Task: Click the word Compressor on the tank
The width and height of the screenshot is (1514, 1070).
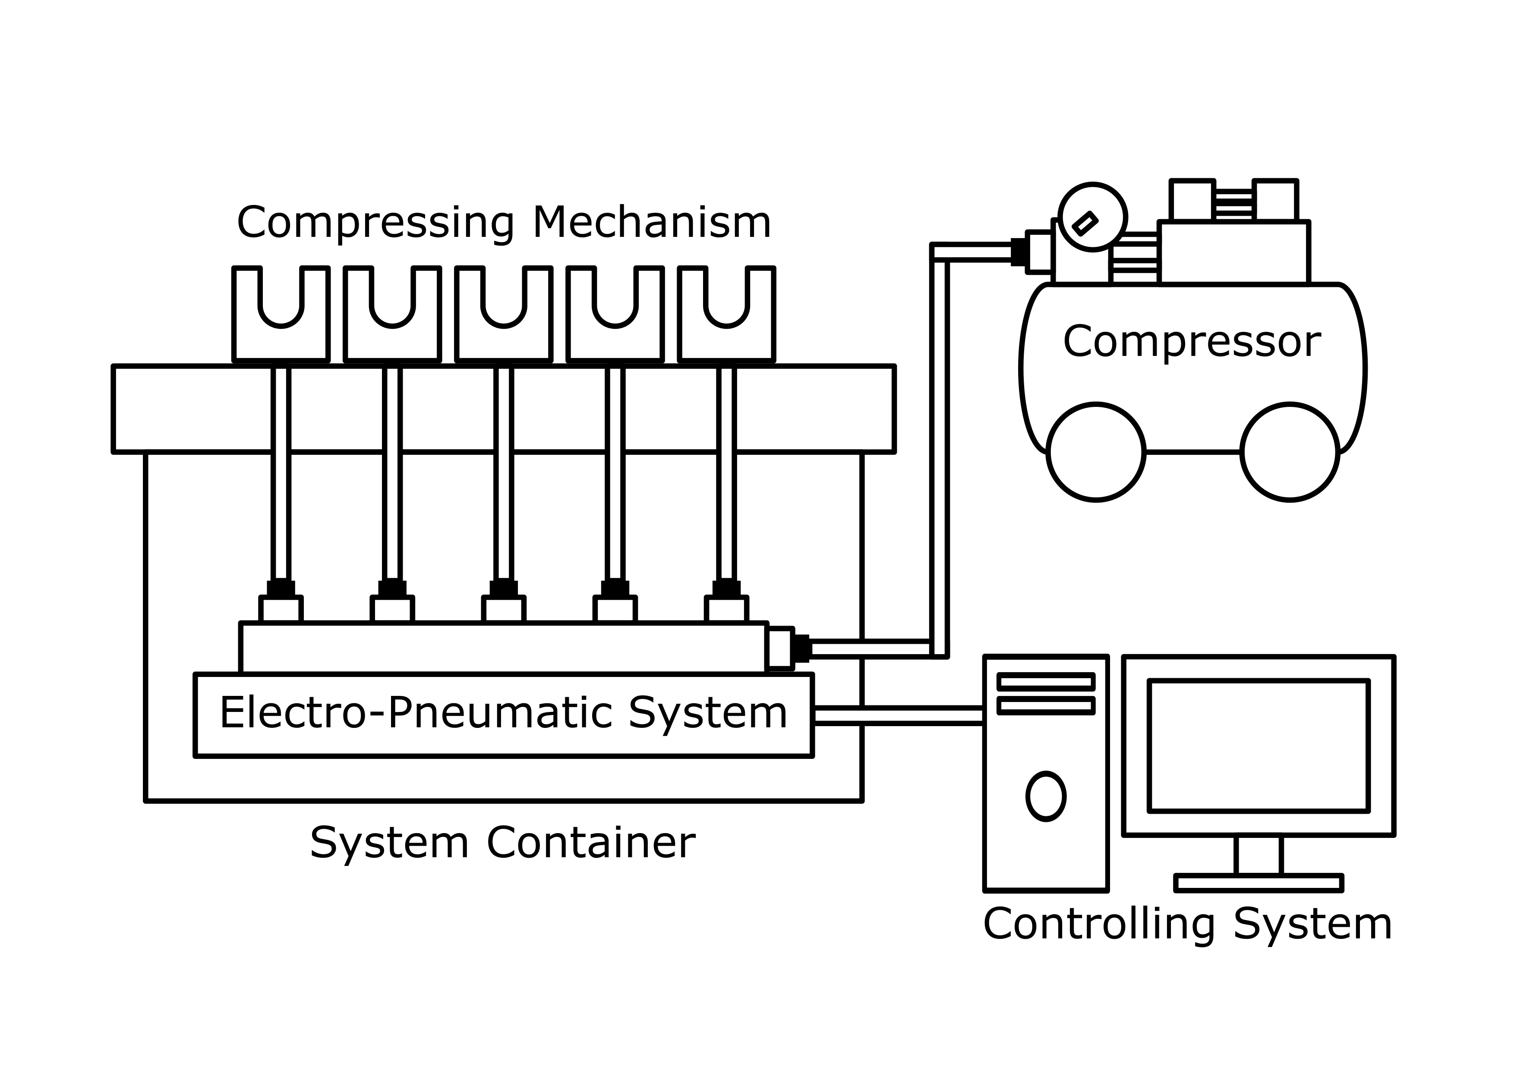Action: (1192, 342)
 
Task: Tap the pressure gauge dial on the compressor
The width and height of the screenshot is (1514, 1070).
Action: (1093, 217)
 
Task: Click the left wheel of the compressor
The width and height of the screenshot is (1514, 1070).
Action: (1096, 452)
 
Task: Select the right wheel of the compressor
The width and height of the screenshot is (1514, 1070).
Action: (1290, 452)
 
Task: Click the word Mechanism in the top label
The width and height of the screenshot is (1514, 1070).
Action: (652, 223)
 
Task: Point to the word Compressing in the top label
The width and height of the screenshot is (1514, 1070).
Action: (375, 223)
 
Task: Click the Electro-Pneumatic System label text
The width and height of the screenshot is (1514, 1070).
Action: (503, 713)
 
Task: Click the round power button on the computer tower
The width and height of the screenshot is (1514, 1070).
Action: (1046, 796)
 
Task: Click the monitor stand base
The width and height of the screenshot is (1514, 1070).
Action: (1258, 883)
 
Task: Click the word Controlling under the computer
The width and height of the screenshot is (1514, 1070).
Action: (1098, 924)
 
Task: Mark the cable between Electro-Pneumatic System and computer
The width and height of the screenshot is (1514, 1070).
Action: (898, 716)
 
